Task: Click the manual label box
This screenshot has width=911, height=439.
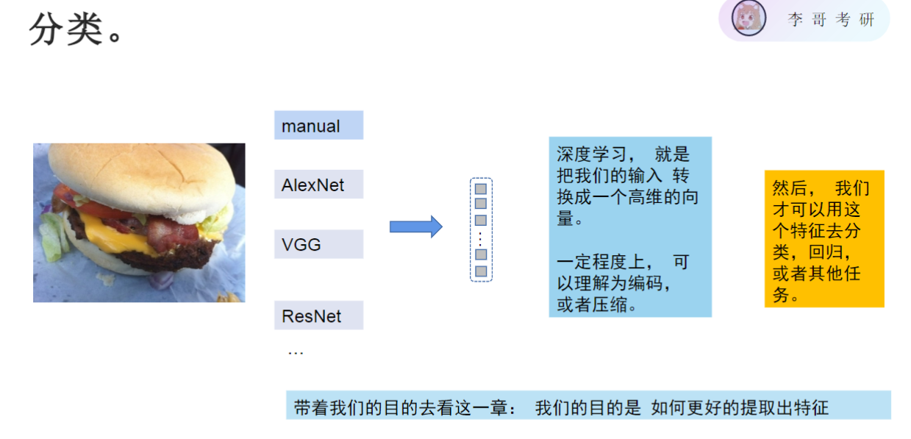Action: pos(318,126)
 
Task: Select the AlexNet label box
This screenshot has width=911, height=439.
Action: pos(318,185)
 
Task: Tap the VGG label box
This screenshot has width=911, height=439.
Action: pos(318,244)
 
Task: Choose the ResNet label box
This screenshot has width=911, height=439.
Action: pos(318,316)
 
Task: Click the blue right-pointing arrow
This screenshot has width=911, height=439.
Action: pos(415,227)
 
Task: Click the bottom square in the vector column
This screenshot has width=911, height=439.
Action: pos(481,271)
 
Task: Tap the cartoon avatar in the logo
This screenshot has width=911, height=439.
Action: pos(749,18)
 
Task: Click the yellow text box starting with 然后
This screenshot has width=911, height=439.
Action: pos(824,239)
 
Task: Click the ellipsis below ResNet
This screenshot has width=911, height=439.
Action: pos(296,353)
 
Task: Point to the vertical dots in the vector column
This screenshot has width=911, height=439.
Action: pos(481,238)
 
